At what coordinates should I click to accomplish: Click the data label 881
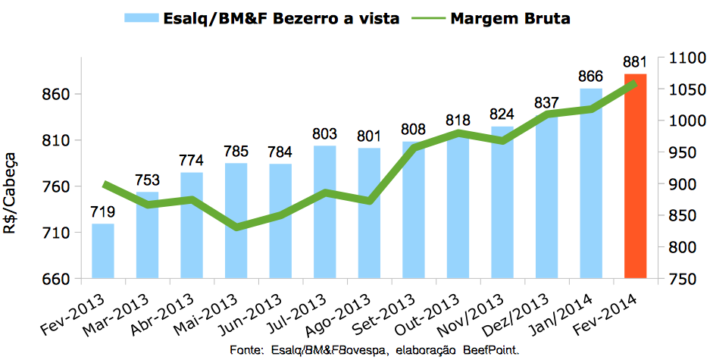635,61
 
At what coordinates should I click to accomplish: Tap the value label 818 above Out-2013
458,120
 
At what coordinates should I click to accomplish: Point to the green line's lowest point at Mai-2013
236,227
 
